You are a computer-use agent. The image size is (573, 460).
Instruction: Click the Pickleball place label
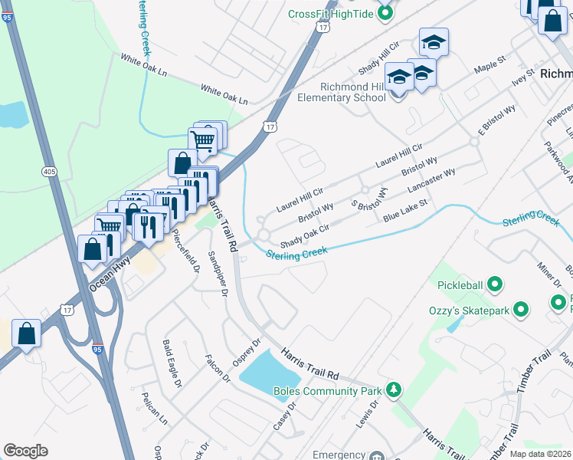(460, 285)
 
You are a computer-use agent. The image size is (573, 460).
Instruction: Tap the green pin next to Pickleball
(495, 285)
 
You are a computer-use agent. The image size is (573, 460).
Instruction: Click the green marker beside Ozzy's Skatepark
(521, 310)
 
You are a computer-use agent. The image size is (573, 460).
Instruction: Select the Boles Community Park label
(328, 390)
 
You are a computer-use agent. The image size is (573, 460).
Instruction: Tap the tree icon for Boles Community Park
(394, 390)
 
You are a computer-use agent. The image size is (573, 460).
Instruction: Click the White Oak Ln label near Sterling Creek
(224, 95)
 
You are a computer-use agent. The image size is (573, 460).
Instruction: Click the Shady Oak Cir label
(304, 233)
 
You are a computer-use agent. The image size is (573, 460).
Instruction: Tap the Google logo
(25, 451)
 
